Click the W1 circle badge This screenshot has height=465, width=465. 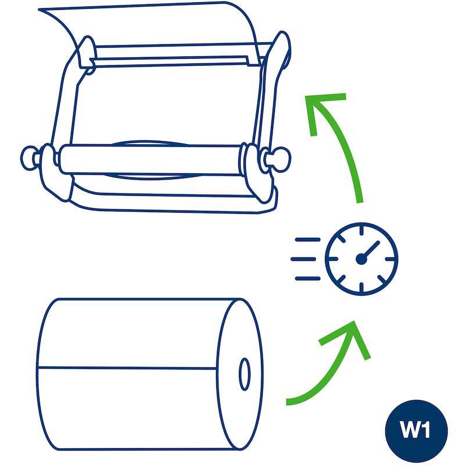click(x=416, y=431)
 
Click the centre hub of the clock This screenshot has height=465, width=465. click(x=361, y=259)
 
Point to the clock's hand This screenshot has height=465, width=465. click(x=370, y=250)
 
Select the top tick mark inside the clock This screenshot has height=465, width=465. click(x=361, y=231)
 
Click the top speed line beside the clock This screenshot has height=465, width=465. click(x=307, y=239)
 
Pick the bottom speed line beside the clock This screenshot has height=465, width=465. click(x=307, y=278)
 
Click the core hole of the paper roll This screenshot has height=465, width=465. click(x=244, y=374)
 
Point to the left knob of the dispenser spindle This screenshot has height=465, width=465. click(x=30, y=158)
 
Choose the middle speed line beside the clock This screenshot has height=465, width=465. click(x=303, y=259)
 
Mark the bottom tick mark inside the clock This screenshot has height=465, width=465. click(x=361, y=287)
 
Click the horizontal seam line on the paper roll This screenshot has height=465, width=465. click(x=127, y=368)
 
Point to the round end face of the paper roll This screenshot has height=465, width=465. click(x=239, y=374)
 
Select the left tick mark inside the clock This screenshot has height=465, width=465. click(x=333, y=259)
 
